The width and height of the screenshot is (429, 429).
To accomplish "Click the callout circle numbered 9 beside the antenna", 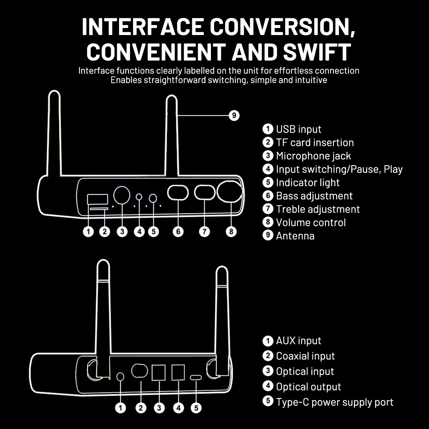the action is [234, 115].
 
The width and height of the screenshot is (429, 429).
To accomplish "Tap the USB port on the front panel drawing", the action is [98, 199].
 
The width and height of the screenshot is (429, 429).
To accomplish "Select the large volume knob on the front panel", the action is [230, 192].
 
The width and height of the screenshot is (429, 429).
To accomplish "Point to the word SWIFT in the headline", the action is [317, 51].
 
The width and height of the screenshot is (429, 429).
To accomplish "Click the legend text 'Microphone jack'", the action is [314, 156].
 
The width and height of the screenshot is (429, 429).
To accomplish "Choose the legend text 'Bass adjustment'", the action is [314, 196].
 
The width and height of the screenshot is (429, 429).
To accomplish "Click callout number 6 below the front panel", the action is [178, 232].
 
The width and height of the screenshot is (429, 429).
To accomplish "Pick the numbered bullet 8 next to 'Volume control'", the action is [268, 222].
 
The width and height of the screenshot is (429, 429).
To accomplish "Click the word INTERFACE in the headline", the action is [143, 27].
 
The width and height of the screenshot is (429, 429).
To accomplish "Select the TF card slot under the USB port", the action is [99, 209].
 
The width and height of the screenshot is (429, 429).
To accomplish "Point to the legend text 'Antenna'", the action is [295, 236].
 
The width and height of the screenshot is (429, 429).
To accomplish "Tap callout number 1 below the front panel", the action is [88, 232].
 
